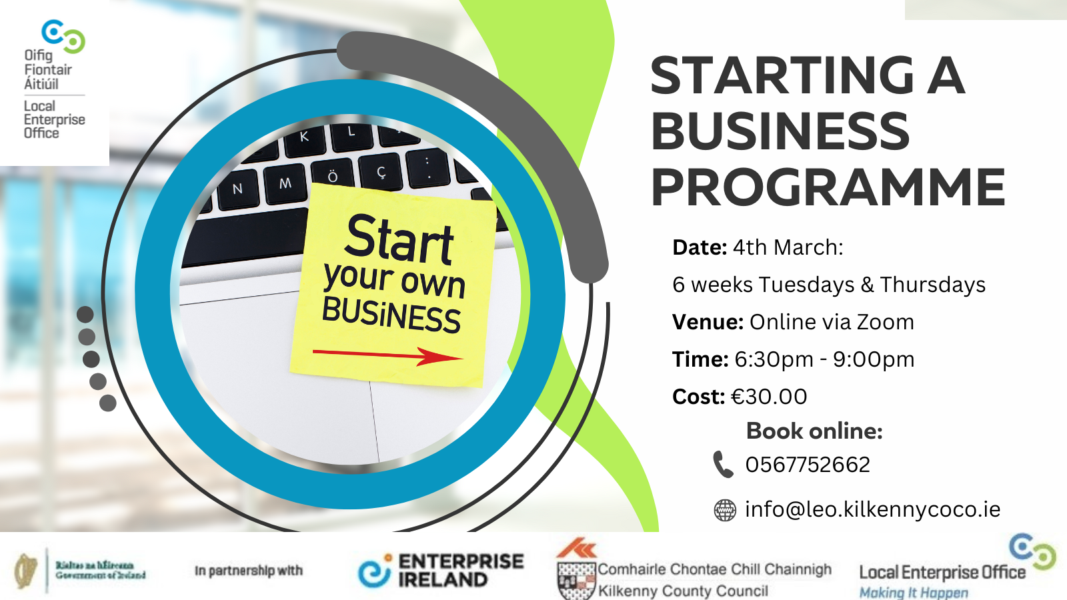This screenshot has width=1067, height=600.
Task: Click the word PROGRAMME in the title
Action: pos(828,187)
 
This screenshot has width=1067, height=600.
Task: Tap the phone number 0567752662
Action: pos(808,465)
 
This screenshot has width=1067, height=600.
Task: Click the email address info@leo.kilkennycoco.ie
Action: pos(872,509)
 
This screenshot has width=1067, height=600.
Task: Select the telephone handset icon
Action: pos(723,464)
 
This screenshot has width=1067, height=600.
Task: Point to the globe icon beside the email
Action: pos(725,510)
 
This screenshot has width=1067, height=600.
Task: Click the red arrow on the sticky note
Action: pos(387,356)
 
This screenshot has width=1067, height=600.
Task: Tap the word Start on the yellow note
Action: pos(399,239)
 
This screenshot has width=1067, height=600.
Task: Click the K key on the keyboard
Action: pos(304,137)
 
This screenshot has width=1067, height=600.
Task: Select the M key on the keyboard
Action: pos(285,183)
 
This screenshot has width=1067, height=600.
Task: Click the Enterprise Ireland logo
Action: pos(441,571)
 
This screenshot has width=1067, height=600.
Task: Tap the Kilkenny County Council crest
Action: pos(576,581)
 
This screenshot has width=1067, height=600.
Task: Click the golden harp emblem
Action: pos(25,571)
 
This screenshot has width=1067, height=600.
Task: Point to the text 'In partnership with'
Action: pos(248,571)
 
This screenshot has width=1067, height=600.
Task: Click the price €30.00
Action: pos(769,397)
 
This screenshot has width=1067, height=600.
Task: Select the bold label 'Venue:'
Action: pos(708,322)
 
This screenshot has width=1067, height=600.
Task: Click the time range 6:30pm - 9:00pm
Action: pos(824,359)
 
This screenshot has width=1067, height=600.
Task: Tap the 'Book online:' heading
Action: pos(814,431)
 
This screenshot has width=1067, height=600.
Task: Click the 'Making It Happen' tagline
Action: pos(914,592)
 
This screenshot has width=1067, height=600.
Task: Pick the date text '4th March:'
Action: pos(788,247)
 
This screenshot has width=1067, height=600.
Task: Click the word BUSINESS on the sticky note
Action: pos(391,314)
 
